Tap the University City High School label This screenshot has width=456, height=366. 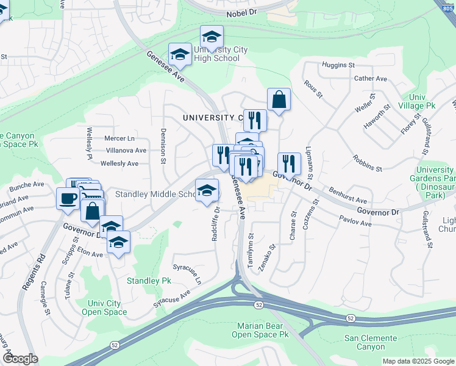click(208, 54)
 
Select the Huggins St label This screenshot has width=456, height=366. click(338, 65)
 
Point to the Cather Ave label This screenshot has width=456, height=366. click(371, 79)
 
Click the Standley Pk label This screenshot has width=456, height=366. click(149, 281)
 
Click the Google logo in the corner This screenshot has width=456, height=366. click(20, 359)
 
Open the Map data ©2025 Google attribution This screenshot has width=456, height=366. click(418, 361)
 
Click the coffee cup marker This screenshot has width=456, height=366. click(68, 198)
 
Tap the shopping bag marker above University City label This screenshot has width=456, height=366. click(279, 100)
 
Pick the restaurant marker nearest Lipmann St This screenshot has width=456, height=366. click(289, 163)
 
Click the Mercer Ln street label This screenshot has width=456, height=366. click(119, 138)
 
